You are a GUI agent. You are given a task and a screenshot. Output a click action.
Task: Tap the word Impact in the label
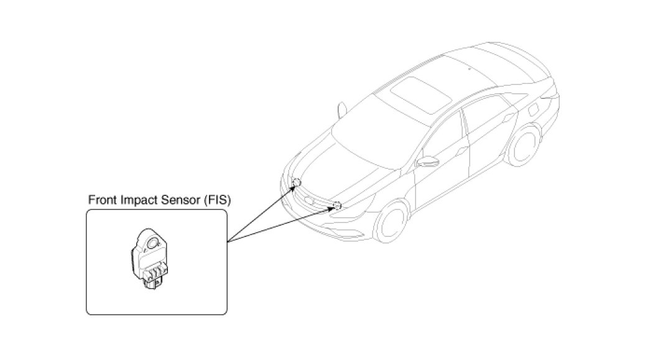pos(137,200)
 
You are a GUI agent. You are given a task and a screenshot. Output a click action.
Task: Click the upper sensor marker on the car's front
pos(297,182)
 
